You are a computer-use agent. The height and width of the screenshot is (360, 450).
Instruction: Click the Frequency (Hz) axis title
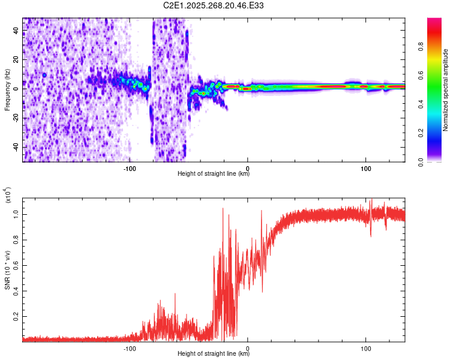pyautogui.click(x=7, y=90)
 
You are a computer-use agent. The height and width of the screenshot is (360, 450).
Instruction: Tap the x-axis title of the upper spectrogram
pyautogui.click(x=214, y=174)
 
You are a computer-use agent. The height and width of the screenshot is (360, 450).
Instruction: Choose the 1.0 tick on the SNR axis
pyautogui.click(x=16, y=214)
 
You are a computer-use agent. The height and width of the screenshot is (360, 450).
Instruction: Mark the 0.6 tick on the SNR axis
pyautogui.click(x=16, y=265)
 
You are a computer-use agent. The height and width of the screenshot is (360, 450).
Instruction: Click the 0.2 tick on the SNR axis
pyautogui.click(x=16, y=316)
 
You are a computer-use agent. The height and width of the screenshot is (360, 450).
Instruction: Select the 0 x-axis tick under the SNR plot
pyautogui.click(x=248, y=347)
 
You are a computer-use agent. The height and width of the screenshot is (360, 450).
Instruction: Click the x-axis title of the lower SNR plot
pyautogui.click(x=214, y=354)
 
